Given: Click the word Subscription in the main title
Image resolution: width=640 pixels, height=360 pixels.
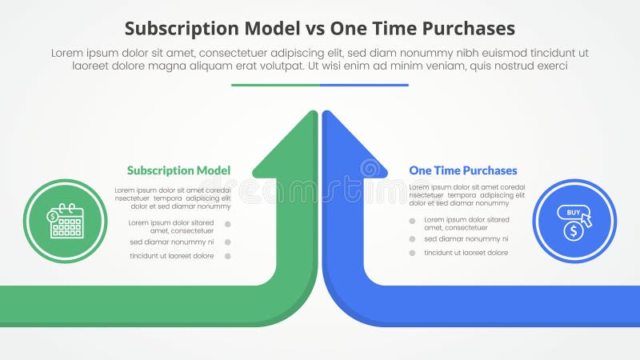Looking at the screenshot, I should tap(175, 29).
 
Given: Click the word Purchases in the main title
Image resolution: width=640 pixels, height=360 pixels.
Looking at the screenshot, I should tap(466, 29).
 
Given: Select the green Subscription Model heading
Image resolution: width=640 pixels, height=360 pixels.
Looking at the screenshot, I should tap(178, 170).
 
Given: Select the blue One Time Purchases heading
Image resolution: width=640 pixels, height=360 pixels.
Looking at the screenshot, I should tap(462, 170).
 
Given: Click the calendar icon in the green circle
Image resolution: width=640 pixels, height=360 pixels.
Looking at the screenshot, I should tap(66, 222).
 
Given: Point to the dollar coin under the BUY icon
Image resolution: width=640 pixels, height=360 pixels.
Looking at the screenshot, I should tap(571, 231).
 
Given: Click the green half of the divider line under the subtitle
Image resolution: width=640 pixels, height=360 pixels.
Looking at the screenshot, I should tap(275, 85).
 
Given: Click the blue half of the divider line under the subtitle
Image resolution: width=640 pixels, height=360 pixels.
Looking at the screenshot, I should tap(364, 85).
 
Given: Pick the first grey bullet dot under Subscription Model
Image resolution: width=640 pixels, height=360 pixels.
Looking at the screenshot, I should tap(228, 225).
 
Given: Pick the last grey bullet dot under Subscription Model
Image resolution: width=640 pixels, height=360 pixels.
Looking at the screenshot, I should tap(228, 256).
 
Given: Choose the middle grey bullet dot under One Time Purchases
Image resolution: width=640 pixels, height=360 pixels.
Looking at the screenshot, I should tap(412, 238).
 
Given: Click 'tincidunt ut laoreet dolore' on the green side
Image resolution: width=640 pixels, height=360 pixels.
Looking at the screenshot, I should tap(171, 256).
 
